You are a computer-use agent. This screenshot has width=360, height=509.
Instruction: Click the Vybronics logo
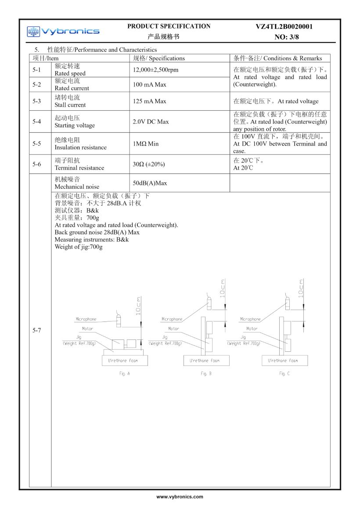pyautogui.click(x=63, y=31)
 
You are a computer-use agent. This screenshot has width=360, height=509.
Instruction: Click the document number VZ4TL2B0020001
pyautogui.click(x=284, y=27)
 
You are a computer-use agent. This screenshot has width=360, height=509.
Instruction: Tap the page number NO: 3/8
pyautogui.click(x=287, y=37)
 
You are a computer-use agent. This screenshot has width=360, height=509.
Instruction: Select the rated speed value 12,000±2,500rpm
pyautogui.click(x=155, y=70)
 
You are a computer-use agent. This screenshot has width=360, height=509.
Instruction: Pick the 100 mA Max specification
pyautogui.click(x=149, y=85)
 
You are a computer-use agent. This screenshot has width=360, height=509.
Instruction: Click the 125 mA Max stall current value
pyautogui.click(x=149, y=101)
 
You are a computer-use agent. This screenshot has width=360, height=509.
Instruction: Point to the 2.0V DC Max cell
pyautogui.click(x=151, y=122)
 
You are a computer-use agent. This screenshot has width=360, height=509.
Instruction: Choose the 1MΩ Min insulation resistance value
pyautogui.click(x=146, y=144)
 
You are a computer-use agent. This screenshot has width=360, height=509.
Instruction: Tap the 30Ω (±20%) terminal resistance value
pyautogui.click(x=149, y=164)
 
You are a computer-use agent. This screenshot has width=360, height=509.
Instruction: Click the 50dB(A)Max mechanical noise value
pyautogui.click(x=150, y=183)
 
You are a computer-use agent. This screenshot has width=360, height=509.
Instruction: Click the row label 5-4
pyautogui.click(x=37, y=122)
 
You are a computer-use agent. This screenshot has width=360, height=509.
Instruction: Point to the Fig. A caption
pyautogui.click(x=125, y=374)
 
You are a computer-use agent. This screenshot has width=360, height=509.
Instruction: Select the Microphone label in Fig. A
pyautogui.click(x=86, y=319)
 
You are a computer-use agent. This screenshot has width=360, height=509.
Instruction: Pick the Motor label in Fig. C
pyautogui.click(x=252, y=329)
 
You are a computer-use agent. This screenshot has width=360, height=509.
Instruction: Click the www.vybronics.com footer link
pyautogui.click(x=180, y=497)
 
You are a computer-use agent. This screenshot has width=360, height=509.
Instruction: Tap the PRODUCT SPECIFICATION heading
pyautogui.click(x=169, y=26)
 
